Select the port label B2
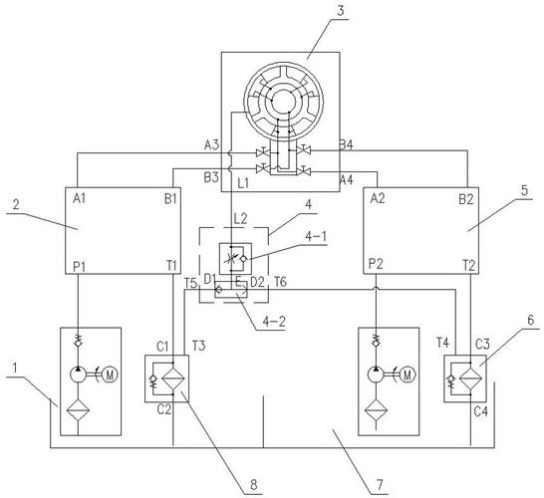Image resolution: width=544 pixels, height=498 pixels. pos(465,197)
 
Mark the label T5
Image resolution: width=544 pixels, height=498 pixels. pos(190,284)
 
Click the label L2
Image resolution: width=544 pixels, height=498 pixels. pos(238,218)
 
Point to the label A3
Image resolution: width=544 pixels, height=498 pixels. pos(211,145)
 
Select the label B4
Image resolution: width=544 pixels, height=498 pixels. pos(346,145)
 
